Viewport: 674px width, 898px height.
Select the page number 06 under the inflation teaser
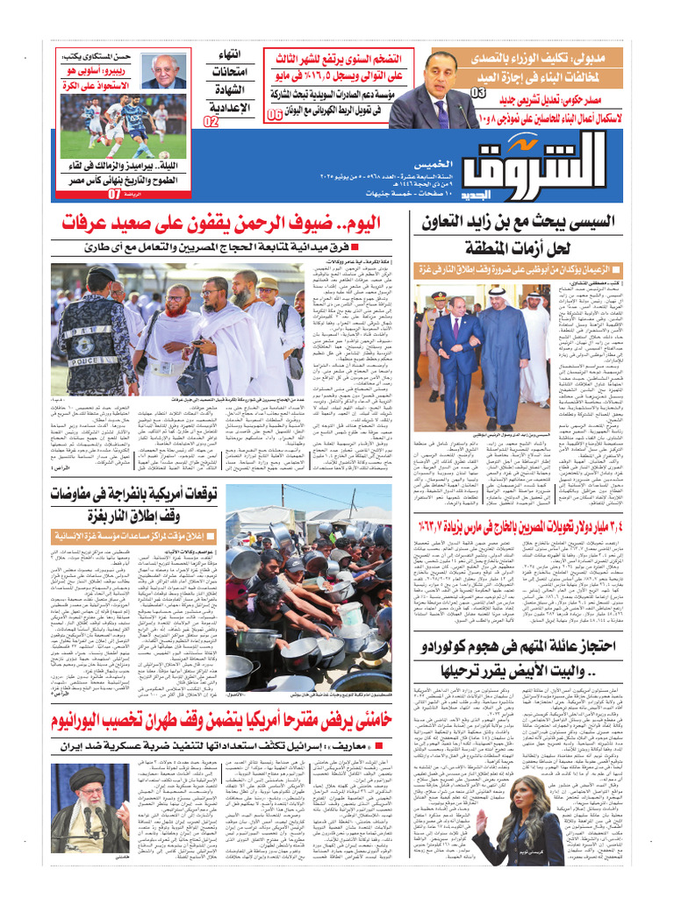pyautogui.click(x=275, y=115)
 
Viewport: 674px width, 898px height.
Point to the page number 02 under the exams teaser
pyautogui.click(x=211, y=122)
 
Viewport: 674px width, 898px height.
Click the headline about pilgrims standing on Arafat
pyautogui.click(x=236, y=224)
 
